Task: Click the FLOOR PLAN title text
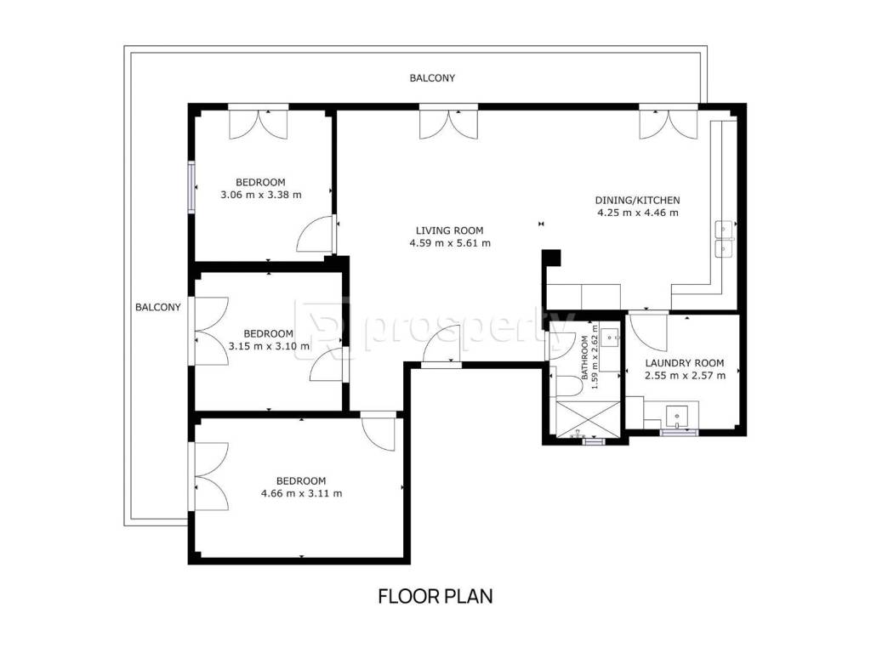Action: tap(435, 596)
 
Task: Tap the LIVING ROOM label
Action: tap(449, 230)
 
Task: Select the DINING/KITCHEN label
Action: tap(637, 201)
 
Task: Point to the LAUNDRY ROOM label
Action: tap(685, 363)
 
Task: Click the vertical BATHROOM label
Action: tap(584, 357)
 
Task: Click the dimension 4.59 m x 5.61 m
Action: tap(450, 243)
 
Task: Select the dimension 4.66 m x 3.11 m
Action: tap(301, 493)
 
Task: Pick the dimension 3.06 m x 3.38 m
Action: tap(261, 195)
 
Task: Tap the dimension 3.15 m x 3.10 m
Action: tap(269, 347)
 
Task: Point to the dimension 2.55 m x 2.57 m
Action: tap(685, 376)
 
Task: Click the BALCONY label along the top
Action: tap(432, 78)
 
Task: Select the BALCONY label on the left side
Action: tap(158, 307)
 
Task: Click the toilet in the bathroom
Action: tap(566, 386)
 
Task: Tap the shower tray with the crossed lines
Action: tap(588, 419)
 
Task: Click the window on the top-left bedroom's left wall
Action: tap(191, 187)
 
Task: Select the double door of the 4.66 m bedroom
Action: tap(209, 476)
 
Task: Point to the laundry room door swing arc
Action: tap(647, 333)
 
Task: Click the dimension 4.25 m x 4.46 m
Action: tap(638, 213)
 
